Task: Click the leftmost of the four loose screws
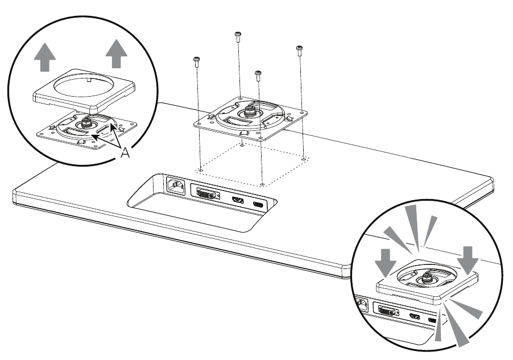(197, 63)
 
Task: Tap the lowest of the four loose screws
(258, 76)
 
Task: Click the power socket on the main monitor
(175, 186)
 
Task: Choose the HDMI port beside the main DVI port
(237, 200)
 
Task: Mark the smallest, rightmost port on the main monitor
(259, 204)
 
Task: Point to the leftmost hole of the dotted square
(201, 169)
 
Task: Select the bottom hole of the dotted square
(261, 184)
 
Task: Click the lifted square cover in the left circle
(86, 89)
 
